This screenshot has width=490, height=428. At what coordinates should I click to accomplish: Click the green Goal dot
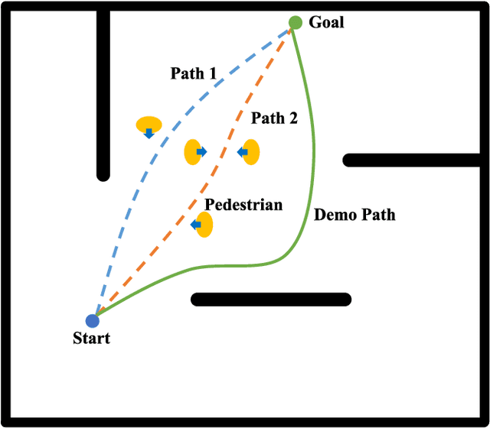click(x=296, y=23)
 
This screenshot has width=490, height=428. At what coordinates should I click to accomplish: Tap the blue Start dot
click(x=93, y=321)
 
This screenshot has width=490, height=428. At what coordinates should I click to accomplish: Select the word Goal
click(x=326, y=22)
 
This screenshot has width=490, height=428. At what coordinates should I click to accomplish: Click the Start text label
click(x=91, y=339)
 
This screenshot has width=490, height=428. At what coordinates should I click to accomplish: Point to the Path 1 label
click(x=193, y=74)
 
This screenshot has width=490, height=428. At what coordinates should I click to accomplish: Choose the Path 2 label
click(x=274, y=118)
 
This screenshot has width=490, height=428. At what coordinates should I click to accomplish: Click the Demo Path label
click(x=355, y=215)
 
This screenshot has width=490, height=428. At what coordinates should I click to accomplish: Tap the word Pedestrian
click(x=243, y=204)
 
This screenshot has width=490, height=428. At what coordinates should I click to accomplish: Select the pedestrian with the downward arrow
click(x=149, y=125)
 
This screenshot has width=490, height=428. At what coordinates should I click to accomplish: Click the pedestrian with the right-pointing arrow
click(x=195, y=152)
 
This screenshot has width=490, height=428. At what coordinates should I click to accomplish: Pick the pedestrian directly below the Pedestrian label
click(x=203, y=225)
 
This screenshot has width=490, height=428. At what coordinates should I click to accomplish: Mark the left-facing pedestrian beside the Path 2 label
click(x=249, y=152)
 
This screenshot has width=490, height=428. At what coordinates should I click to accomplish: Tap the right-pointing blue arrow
click(x=201, y=152)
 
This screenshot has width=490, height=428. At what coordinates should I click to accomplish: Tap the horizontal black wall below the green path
click(x=271, y=299)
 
